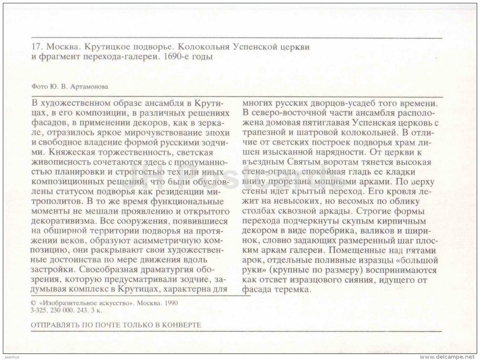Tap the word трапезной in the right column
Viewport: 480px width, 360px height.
(x=264, y=132)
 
